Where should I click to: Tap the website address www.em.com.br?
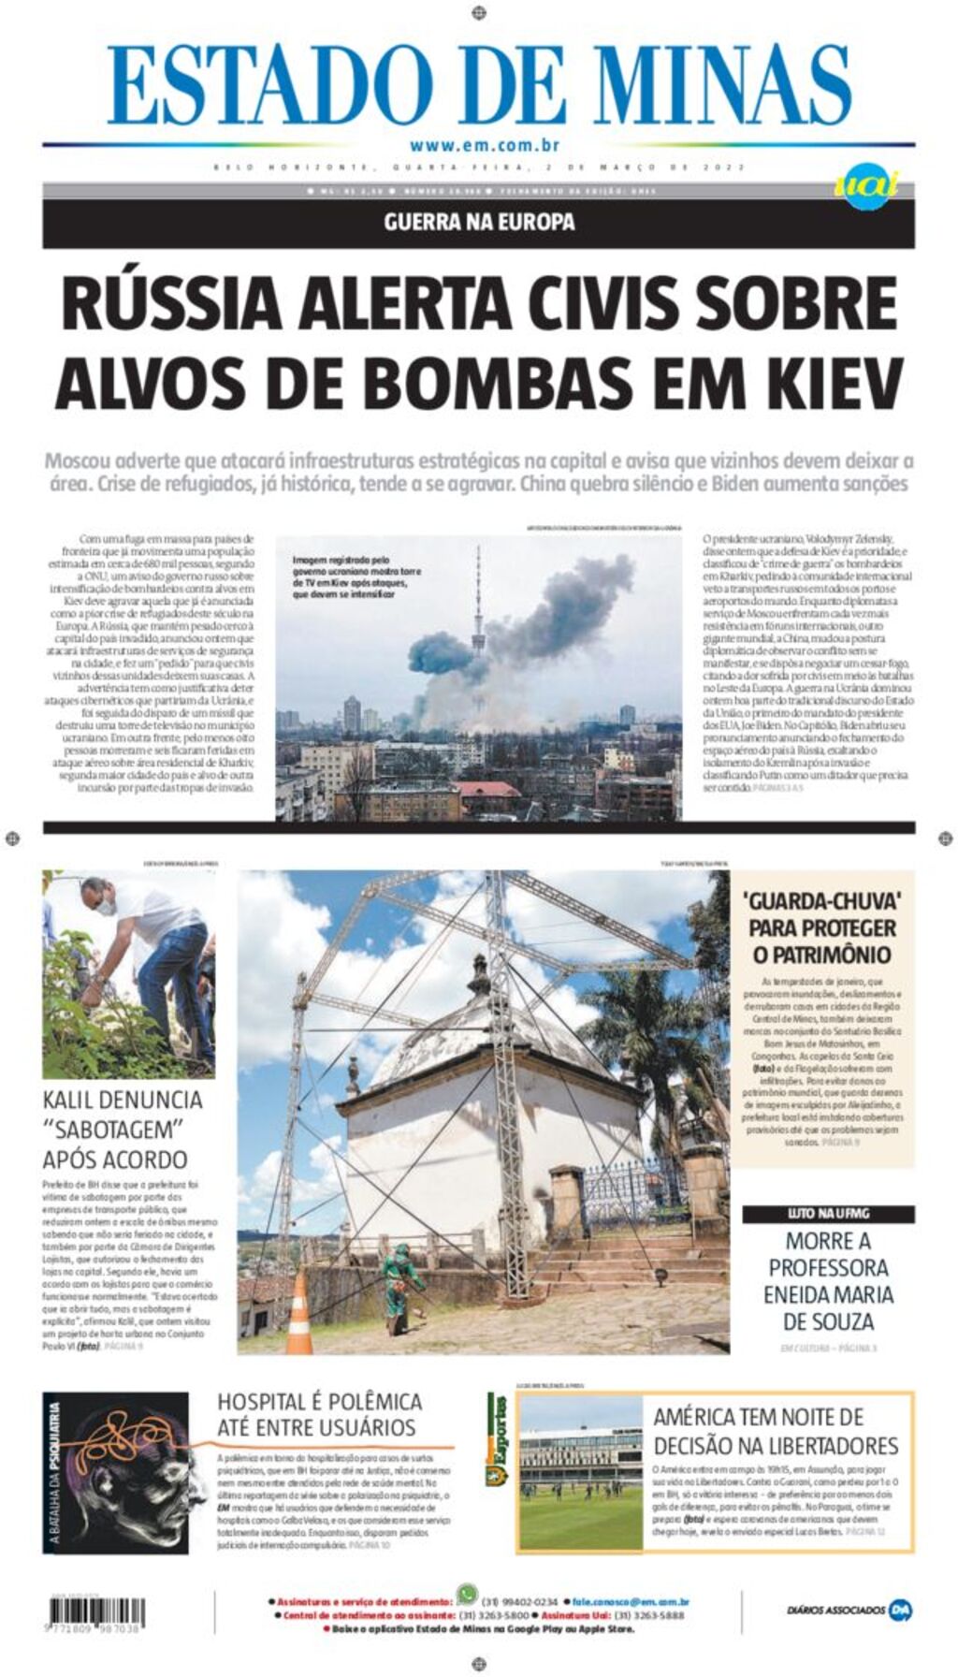pos(484,145)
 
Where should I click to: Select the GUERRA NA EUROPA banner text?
pos(479,223)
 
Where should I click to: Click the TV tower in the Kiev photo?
pos(478,608)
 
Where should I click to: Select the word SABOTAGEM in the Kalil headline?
pos(114,1129)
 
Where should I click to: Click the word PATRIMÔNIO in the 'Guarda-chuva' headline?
pos(821,955)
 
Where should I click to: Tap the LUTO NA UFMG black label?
pos(828,1214)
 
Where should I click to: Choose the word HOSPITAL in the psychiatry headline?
pos(261,1402)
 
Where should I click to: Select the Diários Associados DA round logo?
pos(900,1611)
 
